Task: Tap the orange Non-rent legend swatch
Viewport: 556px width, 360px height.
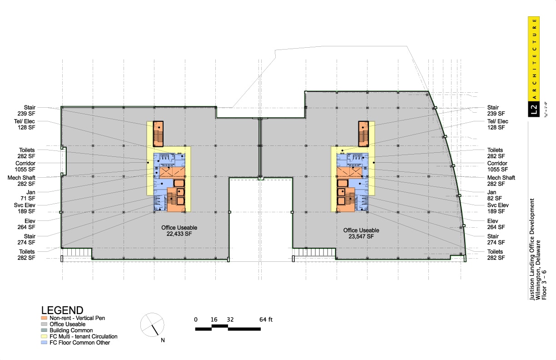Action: [x=44, y=318]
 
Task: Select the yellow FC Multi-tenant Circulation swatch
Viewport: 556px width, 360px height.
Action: [x=44, y=336]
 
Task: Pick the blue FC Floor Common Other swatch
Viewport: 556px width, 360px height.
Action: [x=44, y=343]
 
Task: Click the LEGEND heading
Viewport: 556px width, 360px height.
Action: [x=62, y=310]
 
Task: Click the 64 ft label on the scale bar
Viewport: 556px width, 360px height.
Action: [x=266, y=319]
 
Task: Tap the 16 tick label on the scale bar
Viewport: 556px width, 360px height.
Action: [x=214, y=319]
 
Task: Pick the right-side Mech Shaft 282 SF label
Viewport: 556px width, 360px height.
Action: [x=501, y=180]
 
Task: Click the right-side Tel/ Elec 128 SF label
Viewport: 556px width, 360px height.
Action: [x=497, y=125]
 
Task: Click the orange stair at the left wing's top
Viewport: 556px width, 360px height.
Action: [x=158, y=134]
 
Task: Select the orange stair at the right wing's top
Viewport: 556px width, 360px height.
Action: [x=363, y=134]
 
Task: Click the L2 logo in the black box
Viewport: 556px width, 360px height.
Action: [x=534, y=109]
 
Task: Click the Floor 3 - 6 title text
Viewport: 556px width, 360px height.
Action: [x=546, y=285]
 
